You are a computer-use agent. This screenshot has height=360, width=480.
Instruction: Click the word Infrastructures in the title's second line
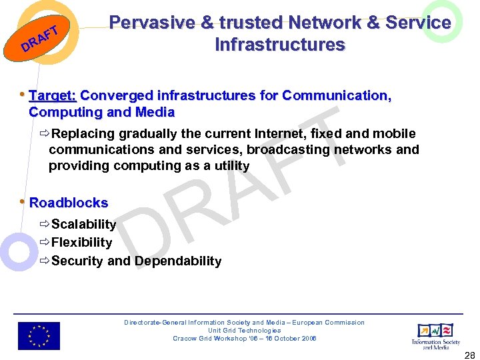click(280, 45)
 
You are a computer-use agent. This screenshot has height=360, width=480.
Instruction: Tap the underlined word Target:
click(53, 95)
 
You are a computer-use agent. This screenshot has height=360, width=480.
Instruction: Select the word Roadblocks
click(69, 203)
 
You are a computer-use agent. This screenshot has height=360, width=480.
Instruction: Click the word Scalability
click(83, 225)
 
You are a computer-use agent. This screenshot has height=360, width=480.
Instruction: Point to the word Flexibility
click(81, 243)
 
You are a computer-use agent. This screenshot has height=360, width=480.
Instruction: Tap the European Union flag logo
click(39, 336)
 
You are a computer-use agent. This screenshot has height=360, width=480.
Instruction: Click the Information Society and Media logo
click(435, 335)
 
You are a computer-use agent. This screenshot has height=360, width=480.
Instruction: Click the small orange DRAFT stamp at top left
click(42, 39)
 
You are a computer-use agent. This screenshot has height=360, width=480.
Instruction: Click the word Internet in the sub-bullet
click(274, 134)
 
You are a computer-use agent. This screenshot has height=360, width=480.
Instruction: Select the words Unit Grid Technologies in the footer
click(244, 331)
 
